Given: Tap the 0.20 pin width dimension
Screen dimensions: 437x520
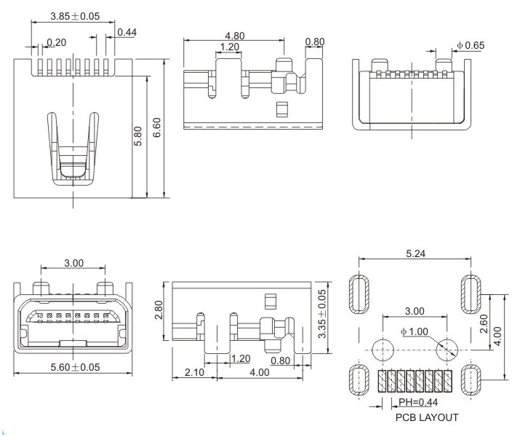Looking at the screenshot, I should tap(57, 42).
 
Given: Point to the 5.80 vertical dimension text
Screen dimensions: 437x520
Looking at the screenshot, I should tap(138, 136).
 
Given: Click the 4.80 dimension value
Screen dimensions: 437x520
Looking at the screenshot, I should tap(234, 35).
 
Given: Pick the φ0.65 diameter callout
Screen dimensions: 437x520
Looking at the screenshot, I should tap(470, 46).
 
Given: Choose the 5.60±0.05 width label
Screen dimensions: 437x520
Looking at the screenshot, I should tap(71, 367).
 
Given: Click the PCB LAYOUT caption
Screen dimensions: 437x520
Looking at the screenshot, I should tap(427, 417).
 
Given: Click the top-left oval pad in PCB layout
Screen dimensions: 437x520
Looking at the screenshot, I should tap(360, 294).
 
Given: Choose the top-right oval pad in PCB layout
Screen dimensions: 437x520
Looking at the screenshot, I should tap(471, 294).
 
